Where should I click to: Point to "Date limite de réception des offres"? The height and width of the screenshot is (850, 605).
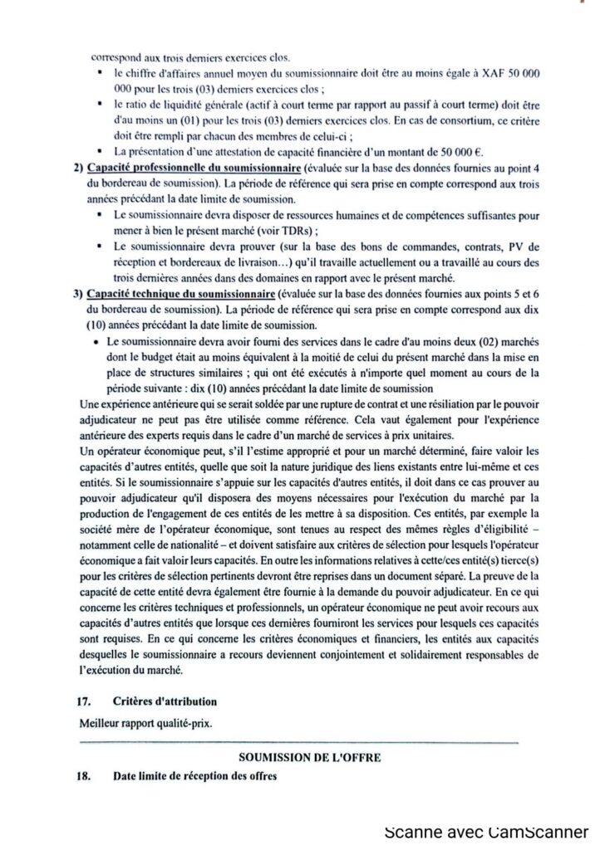(x=196, y=778)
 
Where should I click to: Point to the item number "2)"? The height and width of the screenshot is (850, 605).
(x=76, y=169)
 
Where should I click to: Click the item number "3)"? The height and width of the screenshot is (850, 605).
(x=76, y=295)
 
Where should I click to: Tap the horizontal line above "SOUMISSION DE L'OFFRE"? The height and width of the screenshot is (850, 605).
(x=299, y=741)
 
